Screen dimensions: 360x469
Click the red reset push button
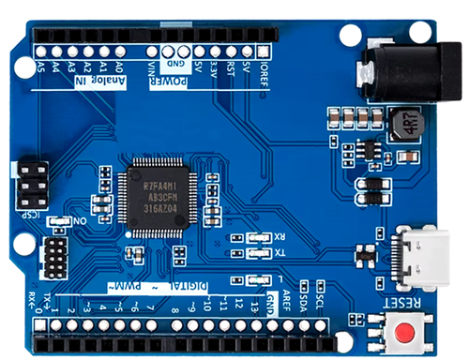pos(406,331)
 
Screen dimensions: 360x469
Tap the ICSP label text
pos(31,214)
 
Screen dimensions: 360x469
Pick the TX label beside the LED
pos(279,253)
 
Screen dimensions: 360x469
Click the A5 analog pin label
pos(39,67)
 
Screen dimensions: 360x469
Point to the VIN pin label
pos(151,67)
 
